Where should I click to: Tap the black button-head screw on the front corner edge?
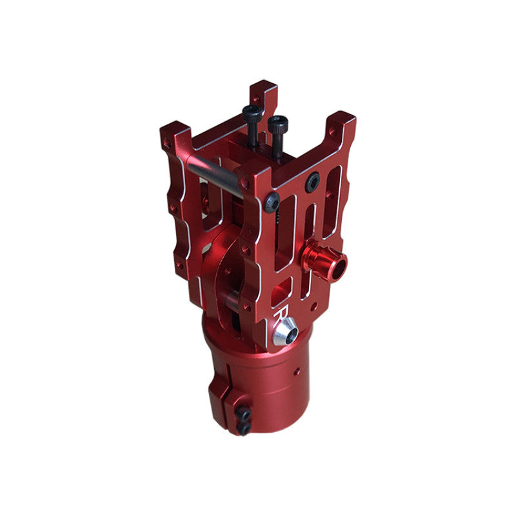(272, 202)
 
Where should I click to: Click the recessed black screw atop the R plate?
(312, 182)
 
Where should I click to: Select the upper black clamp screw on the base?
(243, 413)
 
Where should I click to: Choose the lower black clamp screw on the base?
(244, 428)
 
